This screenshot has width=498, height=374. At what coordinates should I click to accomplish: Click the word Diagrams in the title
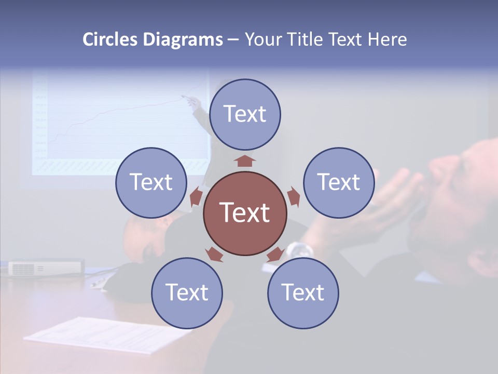tap(183, 40)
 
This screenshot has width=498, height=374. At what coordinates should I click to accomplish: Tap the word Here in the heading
tap(387, 40)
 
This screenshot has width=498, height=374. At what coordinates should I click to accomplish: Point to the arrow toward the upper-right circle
tap(293, 197)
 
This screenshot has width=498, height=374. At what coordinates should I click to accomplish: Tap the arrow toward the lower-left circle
tap(214, 254)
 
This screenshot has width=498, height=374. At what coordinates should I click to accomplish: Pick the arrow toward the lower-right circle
tap(275, 254)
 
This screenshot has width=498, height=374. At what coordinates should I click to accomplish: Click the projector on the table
tap(46, 268)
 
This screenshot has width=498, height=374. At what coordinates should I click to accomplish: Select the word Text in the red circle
tap(245, 212)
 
